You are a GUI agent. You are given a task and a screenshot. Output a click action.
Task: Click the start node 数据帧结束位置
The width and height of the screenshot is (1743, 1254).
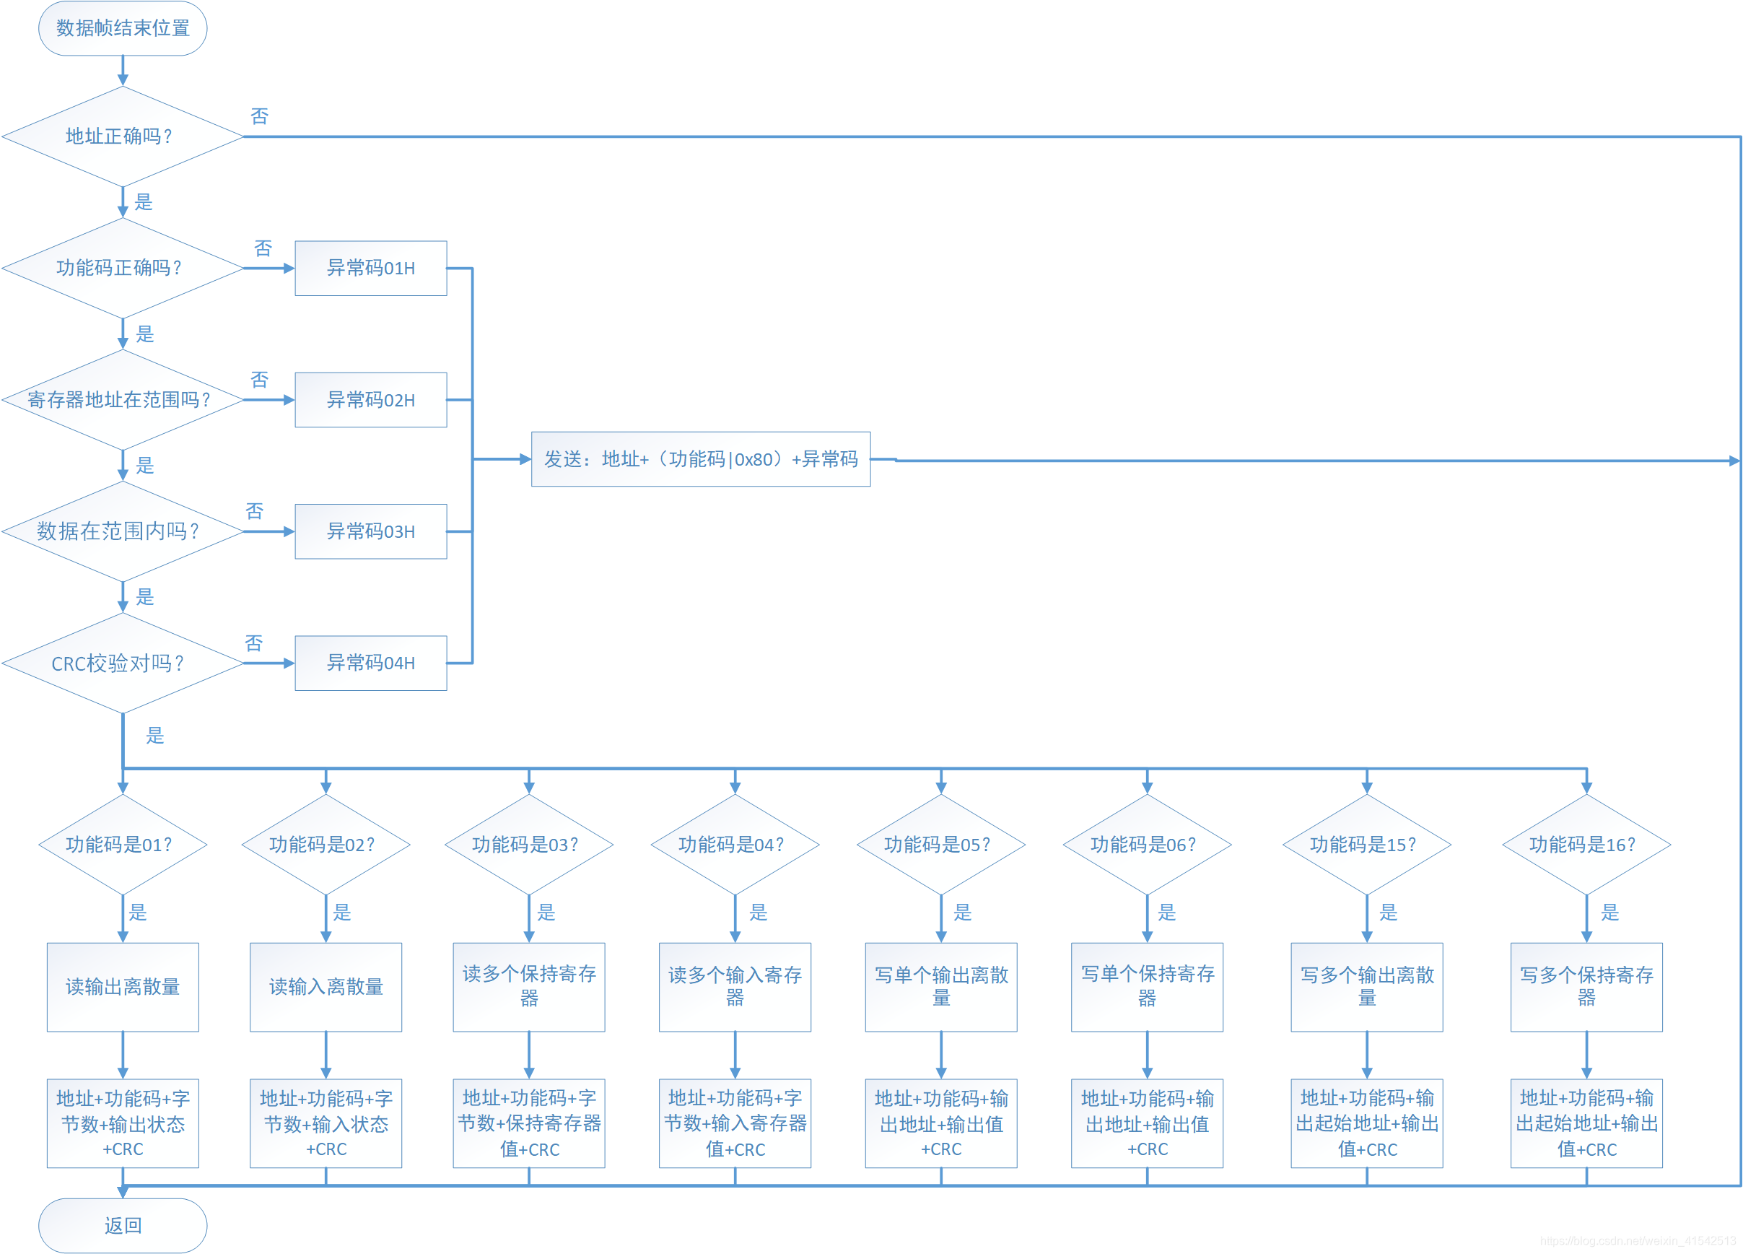123,28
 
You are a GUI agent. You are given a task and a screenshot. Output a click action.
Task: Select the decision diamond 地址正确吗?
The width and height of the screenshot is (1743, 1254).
123,137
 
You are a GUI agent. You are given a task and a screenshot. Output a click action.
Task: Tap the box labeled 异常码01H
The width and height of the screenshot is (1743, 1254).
370,269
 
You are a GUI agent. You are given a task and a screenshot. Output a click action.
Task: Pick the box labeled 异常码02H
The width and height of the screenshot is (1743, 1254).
370,400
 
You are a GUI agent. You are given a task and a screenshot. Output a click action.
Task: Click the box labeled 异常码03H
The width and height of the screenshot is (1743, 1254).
370,531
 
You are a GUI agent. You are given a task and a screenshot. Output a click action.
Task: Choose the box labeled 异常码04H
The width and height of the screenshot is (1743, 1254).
370,663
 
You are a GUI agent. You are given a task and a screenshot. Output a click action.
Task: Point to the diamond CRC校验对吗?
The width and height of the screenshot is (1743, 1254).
123,663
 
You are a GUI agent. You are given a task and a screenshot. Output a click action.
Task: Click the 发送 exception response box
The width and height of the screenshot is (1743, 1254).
700,459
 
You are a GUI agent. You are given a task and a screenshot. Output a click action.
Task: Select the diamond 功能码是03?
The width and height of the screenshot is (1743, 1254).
529,844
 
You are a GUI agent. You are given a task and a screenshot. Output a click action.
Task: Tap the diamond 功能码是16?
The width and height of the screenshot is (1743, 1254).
1586,844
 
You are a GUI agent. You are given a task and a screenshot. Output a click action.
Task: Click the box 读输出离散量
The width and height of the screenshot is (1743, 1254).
123,986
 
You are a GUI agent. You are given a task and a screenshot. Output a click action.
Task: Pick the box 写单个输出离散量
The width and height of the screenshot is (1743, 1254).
940,986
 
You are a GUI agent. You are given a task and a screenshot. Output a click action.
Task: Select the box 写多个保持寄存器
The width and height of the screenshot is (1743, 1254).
1586,986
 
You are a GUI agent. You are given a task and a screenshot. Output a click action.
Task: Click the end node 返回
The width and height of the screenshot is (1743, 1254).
123,1225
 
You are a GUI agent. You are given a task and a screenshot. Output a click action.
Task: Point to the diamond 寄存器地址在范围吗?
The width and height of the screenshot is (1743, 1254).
123,400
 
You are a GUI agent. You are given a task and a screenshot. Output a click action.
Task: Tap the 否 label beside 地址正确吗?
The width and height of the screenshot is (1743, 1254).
260,116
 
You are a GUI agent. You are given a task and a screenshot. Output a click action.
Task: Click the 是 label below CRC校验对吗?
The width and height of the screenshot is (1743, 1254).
155,736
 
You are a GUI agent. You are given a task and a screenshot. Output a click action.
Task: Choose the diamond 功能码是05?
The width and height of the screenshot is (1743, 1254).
940,844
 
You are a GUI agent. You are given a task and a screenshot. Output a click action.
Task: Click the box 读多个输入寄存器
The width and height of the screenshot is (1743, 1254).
735,986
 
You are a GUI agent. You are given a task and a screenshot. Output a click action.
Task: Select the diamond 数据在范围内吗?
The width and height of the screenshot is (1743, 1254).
123,531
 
